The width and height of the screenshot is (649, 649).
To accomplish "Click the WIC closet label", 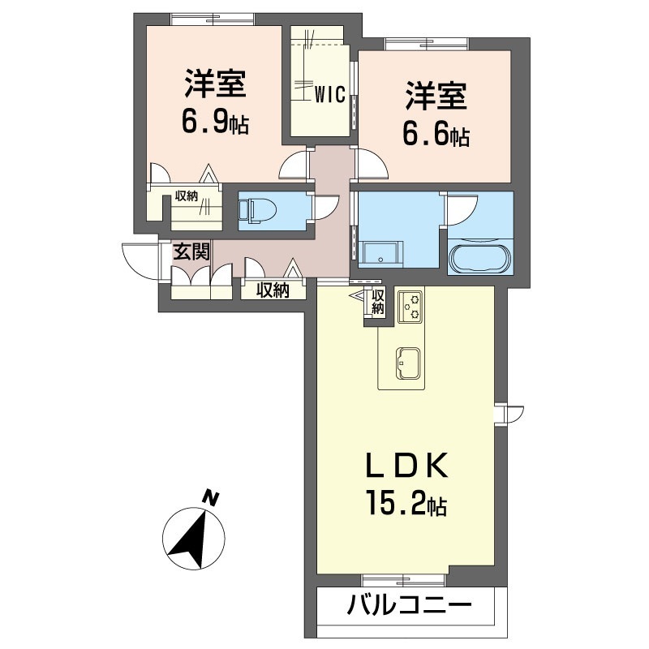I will pos(331,94).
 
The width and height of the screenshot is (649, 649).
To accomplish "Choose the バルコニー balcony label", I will pos(410,605).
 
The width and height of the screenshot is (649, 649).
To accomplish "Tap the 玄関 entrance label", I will pos(191,251).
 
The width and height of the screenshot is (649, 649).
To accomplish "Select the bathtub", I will pos(480,258).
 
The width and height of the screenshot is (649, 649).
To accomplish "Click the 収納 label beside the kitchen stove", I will pos(378,302).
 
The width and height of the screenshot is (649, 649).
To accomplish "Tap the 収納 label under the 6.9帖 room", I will pos(187,196).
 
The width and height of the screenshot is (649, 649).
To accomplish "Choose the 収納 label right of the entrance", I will pos(273,290).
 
